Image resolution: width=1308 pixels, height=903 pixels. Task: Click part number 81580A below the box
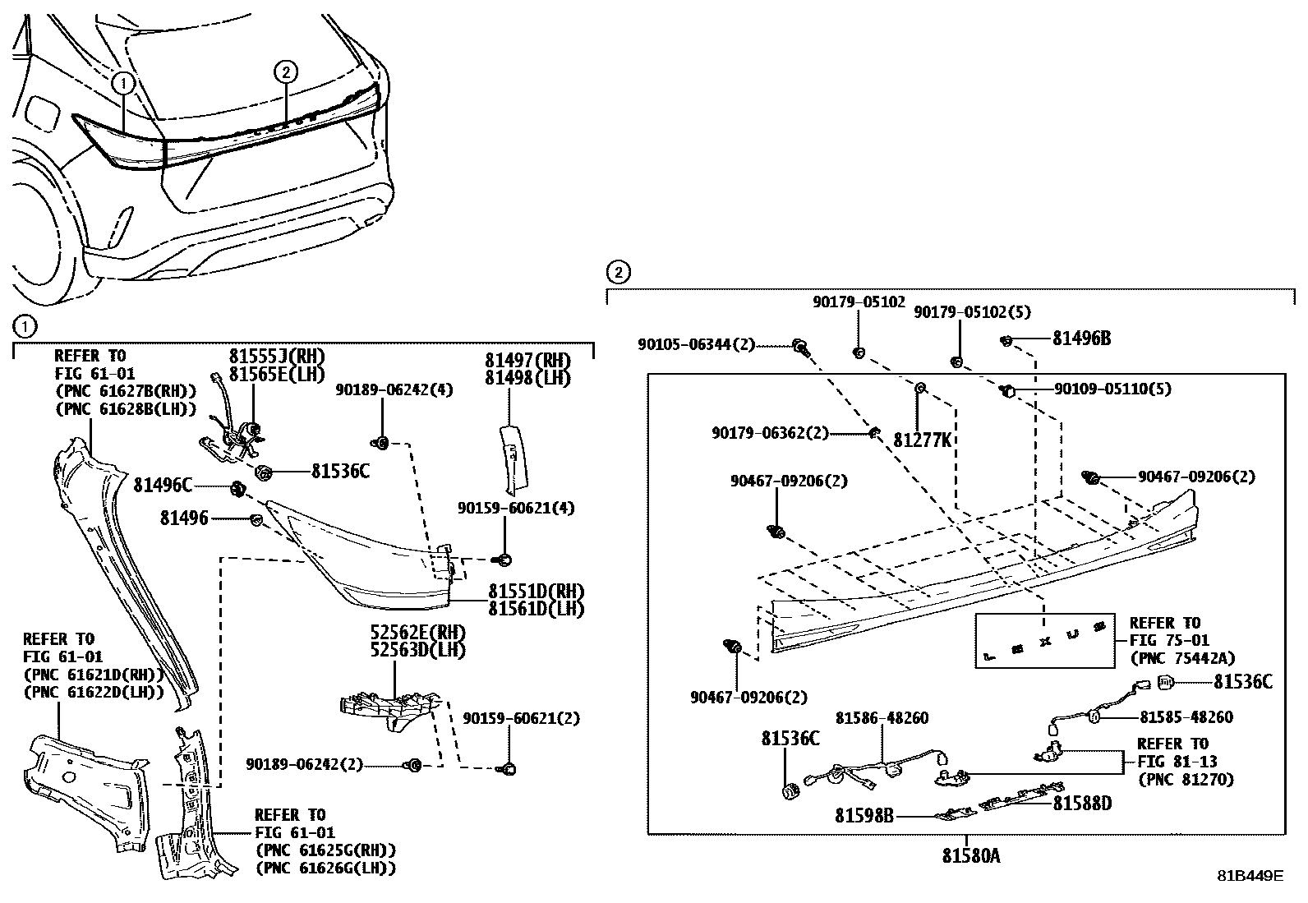[x=970, y=856]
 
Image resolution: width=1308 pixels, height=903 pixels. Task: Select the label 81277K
[x=922, y=440]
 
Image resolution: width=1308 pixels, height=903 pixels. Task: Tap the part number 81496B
[x=1081, y=339]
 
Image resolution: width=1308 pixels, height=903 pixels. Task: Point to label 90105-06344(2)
[x=695, y=345]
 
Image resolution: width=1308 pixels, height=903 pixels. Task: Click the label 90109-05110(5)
[x=1112, y=389]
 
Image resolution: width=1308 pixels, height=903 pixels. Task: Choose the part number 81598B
[x=864, y=816]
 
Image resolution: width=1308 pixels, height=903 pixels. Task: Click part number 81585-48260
[x=1186, y=717]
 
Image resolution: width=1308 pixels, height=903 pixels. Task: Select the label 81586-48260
[x=882, y=718]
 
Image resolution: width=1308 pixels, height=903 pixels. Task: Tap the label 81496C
[x=163, y=486]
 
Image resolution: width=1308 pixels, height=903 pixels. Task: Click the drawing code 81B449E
[x=1250, y=876]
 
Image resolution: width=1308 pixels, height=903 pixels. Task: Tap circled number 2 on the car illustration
[x=284, y=72]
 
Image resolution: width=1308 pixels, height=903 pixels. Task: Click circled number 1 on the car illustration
[x=122, y=82]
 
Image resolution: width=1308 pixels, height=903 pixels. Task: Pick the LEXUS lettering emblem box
[x=1044, y=640]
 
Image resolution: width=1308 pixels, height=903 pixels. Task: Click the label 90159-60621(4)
[x=516, y=509]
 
